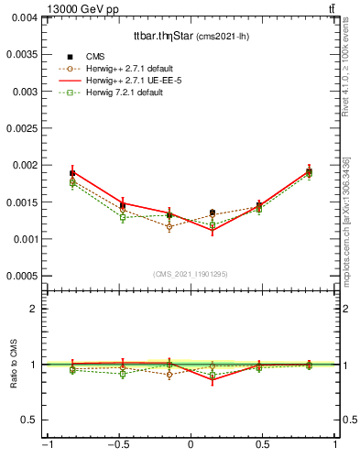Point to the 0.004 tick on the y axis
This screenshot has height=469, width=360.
[24, 17]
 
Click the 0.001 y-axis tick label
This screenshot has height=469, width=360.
[24, 239]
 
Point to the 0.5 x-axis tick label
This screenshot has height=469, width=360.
[263, 445]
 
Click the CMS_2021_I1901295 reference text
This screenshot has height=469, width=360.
[191, 274]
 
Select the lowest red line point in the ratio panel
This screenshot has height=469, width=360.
[213, 380]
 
